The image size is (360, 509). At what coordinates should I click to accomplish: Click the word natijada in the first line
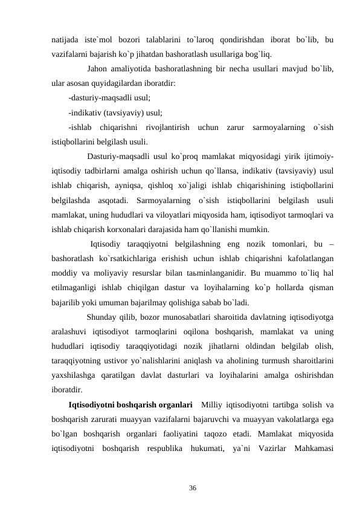[66, 41]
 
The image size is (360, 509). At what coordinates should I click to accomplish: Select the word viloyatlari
[209, 215]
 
